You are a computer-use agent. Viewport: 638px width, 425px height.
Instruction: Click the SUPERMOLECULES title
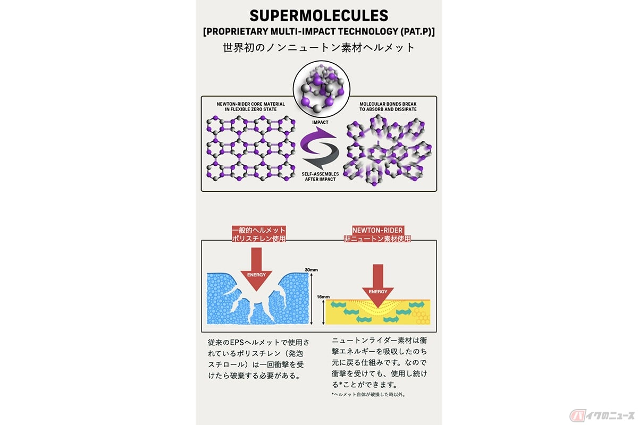tap(318, 15)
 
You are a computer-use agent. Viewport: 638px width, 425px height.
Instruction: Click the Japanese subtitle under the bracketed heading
tap(318, 47)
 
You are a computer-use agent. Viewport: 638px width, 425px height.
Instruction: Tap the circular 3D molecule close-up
tap(322, 89)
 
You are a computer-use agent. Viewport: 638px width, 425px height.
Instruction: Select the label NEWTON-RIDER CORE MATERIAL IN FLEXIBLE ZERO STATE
tap(250, 106)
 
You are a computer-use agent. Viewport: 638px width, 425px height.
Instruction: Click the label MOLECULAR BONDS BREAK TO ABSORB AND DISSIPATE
tap(388, 106)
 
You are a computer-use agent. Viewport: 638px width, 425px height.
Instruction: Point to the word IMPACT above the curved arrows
tap(320, 122)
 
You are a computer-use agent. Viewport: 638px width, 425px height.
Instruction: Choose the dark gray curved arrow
tap(322, 156)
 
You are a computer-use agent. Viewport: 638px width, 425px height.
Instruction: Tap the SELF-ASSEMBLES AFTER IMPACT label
tap(320, 176)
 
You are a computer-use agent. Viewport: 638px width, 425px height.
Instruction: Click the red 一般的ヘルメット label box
tap(258, 234)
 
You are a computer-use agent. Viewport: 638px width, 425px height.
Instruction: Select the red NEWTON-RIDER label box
tap(377, 234)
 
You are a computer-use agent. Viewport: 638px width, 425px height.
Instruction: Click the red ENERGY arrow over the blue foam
tap(256, 269)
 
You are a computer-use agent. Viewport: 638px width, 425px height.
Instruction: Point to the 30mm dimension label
tap(311, 269)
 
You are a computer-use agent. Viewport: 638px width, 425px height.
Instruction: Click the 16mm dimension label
tap(323, 296)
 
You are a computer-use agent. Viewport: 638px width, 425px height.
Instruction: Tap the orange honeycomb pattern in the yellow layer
tap(421, 316)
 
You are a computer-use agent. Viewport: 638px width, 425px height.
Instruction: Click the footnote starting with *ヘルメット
tap(368, 395)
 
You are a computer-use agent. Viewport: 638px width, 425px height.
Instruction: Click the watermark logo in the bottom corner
tap(602, 415)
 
